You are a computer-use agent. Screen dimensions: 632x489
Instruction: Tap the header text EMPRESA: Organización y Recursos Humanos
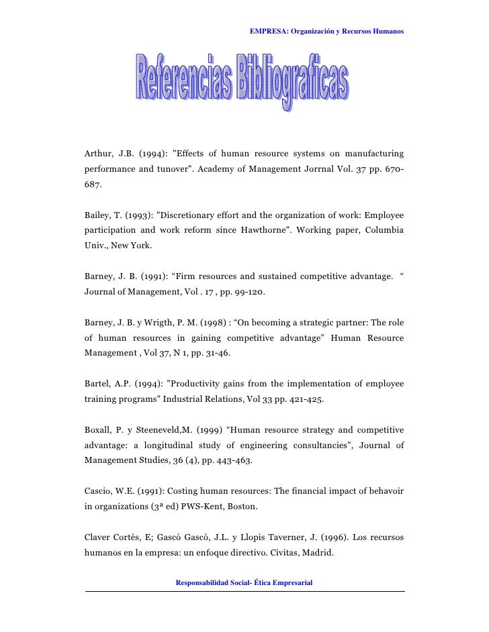pos(326,32)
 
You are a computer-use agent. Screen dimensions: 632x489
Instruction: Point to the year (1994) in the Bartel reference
pos(147,384)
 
